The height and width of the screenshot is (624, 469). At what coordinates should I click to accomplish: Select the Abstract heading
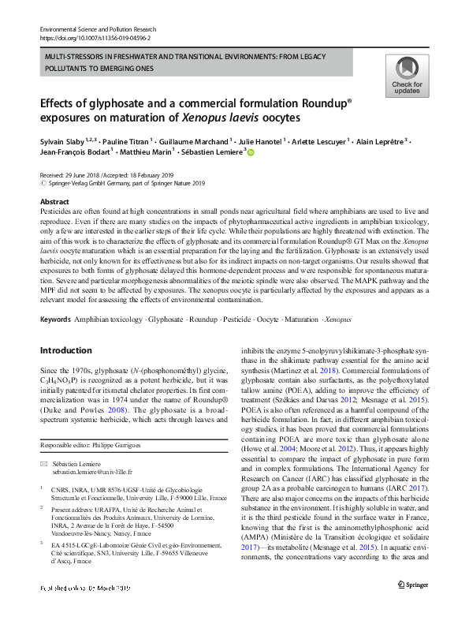click(x=54, y=202)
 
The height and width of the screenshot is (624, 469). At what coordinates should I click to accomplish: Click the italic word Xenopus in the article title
click(x=205, y=118)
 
